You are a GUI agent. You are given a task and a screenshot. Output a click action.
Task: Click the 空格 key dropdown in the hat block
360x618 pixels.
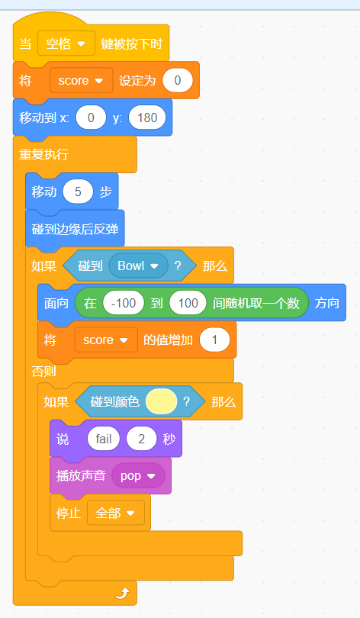click(x=66, y=43)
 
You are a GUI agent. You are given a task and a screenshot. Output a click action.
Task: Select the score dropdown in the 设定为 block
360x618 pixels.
click(x=81, y=80)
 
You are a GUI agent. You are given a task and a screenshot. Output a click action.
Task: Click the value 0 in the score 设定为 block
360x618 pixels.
click(x=178, y=80)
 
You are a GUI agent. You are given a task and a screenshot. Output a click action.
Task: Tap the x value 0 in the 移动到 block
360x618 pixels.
click(x=91, y=117)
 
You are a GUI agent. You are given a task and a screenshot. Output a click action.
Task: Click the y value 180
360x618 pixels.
click(x=147, y=117)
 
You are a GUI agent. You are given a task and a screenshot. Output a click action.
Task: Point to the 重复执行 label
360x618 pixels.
click(x=43, y=154)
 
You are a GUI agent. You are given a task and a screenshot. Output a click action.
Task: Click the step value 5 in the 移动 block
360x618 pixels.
click(x=78, y=192)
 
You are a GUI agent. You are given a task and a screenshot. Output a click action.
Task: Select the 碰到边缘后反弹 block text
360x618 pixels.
click(x=75, y=229)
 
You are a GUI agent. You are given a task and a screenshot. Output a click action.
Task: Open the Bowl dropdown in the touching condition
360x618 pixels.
click(x=138, y=266)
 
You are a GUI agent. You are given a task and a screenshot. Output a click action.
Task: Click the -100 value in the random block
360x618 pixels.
click(x=124, y=303)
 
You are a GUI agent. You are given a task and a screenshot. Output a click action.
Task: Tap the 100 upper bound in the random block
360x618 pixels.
click(x=188, y=303)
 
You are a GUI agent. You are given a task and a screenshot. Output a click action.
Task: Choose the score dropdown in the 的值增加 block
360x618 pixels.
click(x=106, y=340)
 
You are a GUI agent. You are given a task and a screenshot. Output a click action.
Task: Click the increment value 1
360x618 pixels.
click(x=214, y=340)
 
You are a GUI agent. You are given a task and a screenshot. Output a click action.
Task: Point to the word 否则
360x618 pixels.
click(x=43, y=371)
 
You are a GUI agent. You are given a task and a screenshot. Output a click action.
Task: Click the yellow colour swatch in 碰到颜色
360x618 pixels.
click(x=161, y=401)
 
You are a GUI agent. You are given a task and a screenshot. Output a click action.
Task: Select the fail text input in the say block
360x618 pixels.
click(x=104, y=439)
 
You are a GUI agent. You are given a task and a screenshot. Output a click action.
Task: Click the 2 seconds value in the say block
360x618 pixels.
click(x=141, y=439)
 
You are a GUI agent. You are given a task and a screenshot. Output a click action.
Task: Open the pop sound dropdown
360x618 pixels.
click(x=138, y=476)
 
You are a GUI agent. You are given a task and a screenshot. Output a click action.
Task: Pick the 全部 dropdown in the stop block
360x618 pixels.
click(x=116, y=513)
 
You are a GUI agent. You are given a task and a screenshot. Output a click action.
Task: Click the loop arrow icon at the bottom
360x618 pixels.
click(x=123, y=593)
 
